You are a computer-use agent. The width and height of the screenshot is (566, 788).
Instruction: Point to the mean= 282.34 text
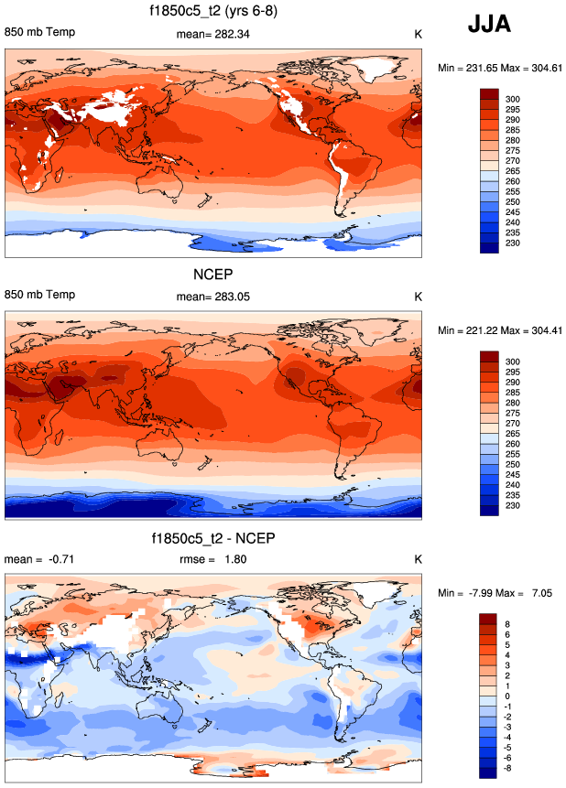point(212,34)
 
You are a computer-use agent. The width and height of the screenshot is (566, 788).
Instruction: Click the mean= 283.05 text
point(212,297)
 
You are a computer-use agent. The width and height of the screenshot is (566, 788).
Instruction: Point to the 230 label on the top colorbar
point(514,243)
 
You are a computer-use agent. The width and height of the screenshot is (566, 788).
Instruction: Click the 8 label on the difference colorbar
point(510,621)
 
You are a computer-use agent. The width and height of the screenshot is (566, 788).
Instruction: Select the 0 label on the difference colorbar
point(510,695)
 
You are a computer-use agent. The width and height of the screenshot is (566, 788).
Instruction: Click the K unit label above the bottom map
point(418,559)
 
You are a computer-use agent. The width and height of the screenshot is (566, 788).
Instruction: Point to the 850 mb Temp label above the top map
point(40,33)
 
